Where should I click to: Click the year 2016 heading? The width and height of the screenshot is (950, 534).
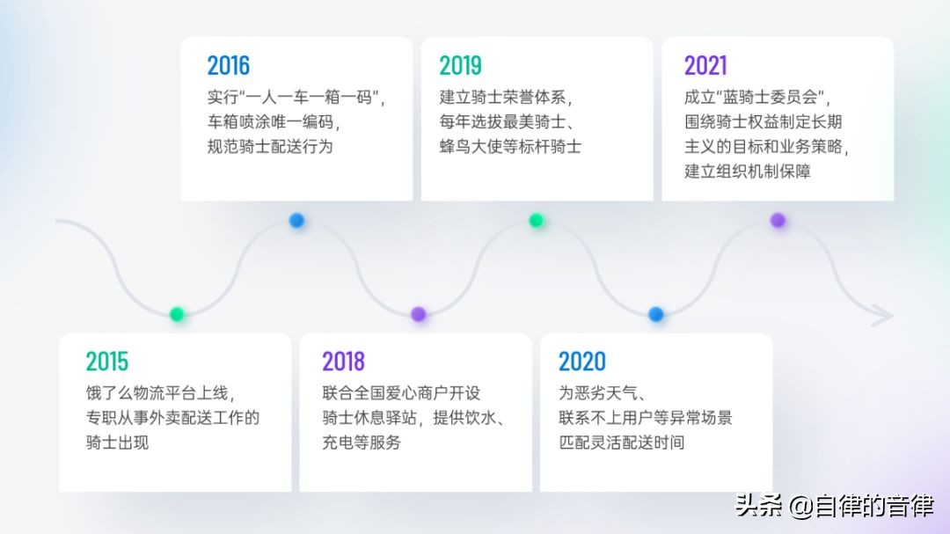[229, 65]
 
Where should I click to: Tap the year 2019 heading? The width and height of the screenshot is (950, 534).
[460, 65]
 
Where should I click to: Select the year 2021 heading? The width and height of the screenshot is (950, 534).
[705, 65]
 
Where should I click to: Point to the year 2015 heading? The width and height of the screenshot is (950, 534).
[107, 362]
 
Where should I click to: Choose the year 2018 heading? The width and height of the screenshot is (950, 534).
[344, 362]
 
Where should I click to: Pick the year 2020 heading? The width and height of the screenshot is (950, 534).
[582, 362]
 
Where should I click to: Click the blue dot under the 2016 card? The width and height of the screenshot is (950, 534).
[296, 220]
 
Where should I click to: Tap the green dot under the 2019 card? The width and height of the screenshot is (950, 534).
[537, 220]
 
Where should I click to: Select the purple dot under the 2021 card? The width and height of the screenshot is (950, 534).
[778, 220]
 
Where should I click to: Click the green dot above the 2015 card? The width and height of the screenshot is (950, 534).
[177, 314]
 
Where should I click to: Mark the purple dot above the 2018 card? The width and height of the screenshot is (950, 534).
[418, 314]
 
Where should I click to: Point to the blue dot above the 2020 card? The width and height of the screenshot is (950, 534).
[655, 314]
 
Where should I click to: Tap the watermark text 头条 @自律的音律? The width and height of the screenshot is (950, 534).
[834, 506]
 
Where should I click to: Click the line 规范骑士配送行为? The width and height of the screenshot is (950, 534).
[270, 147]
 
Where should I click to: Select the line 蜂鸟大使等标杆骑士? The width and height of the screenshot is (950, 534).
[510, 147]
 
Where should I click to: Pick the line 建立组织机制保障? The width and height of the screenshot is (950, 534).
[748, 172]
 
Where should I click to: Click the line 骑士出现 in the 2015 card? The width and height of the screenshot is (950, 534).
[118, 443]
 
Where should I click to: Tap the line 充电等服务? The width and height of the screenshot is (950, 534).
[362, 443]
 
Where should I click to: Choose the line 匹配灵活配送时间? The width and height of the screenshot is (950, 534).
[622, 443]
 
